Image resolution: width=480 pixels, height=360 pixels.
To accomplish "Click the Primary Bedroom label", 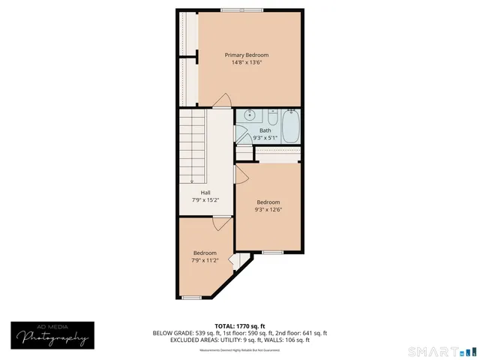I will click(246, 55).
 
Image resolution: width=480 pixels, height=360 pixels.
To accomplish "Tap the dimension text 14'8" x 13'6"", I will click(246, 62).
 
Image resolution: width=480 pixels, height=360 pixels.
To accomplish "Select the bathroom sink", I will click(250, 116).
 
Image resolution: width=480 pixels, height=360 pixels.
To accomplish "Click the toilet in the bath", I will click(272, 117).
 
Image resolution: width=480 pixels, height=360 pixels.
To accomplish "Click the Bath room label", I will click(265, 130).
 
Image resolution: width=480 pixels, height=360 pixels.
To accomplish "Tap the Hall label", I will click(205, 193).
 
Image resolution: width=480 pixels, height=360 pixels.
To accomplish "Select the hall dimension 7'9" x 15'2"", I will click(205, 200).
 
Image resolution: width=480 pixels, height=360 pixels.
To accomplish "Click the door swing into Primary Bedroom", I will click(221, 101).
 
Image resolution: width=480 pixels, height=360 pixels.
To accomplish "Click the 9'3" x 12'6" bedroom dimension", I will click(268, 209).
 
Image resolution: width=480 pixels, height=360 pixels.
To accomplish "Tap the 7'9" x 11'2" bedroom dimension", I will click(205, 260).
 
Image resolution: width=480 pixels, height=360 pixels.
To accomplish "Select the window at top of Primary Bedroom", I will click(241, 10).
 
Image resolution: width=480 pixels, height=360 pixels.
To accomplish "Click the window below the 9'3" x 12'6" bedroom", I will click(272, 252).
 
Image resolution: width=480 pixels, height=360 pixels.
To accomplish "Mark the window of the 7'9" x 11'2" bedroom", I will click(192, 298).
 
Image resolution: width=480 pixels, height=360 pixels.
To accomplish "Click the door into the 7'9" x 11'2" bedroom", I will click(222, 223).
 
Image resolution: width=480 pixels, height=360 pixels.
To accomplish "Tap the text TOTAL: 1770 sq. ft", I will click(239, 326).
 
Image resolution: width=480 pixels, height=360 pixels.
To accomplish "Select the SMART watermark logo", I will click(441, 351).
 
